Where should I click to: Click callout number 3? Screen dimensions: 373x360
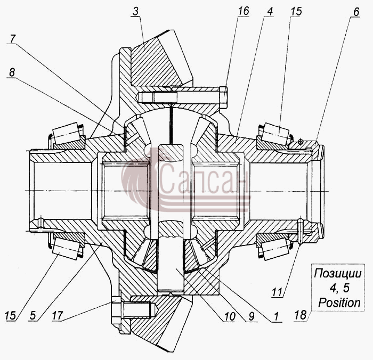click(x=135, y=11)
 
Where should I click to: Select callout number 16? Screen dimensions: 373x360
click(x=244, y=11)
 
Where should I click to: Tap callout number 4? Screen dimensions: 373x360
click(x=270, y=11)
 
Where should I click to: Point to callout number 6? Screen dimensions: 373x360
click(x=356, y=12)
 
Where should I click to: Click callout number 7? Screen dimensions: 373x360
click(x=13, y=38)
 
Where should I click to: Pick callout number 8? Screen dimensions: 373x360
click(x=12, y=72)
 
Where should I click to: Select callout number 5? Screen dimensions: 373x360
click(x=33, y=316)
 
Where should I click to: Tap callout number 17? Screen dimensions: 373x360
click(x=58, y=316)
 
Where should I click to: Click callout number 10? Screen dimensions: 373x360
click(x=230, y=316)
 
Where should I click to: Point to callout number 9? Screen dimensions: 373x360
click(x=252, y=316)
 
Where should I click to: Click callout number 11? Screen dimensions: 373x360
click(x=277, y=292)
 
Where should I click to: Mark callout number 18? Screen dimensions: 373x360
click(x=300, y=315)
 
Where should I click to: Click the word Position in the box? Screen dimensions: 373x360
click(x=339, y=302)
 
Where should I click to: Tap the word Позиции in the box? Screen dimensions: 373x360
click(x=338, y=274)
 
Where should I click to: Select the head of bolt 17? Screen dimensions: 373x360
click(x=116, y=310)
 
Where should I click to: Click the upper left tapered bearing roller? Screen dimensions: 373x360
click(x=66, y=133)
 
